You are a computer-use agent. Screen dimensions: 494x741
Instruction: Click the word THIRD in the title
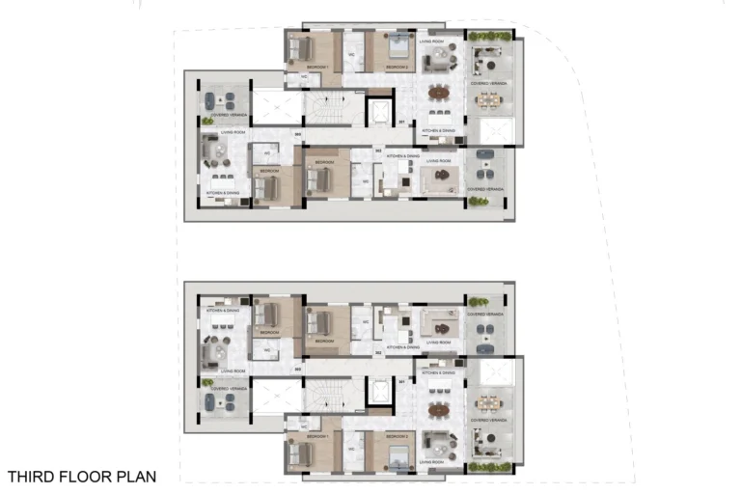32,476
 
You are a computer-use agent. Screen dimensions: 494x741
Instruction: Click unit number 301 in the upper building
401,123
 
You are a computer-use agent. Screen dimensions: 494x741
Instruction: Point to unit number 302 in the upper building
379,151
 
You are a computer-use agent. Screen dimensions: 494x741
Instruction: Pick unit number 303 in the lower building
298,368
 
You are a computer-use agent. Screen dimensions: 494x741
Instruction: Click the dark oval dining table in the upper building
439,94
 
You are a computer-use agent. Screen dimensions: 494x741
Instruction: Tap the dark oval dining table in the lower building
439,409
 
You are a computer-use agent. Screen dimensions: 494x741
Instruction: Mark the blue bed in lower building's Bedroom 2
396,453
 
